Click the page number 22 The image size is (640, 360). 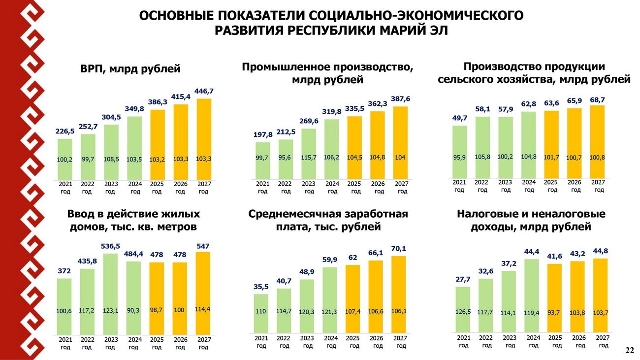[629, 350]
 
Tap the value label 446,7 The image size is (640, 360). [204, 92]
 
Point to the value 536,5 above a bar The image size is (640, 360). [111, 246]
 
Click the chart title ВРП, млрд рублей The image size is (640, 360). [130, 69]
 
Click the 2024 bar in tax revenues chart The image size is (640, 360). [532, 295]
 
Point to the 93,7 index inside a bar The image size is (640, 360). [555, 312]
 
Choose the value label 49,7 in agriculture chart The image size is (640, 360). [459, 118]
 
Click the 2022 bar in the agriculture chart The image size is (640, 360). [482, 147]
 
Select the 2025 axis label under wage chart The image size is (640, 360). [353, 342]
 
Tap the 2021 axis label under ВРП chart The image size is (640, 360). [65, 188]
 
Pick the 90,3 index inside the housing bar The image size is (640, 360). [134, 311]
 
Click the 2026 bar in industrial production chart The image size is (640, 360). [378, 145]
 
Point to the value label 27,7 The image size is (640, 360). [463, 279]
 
